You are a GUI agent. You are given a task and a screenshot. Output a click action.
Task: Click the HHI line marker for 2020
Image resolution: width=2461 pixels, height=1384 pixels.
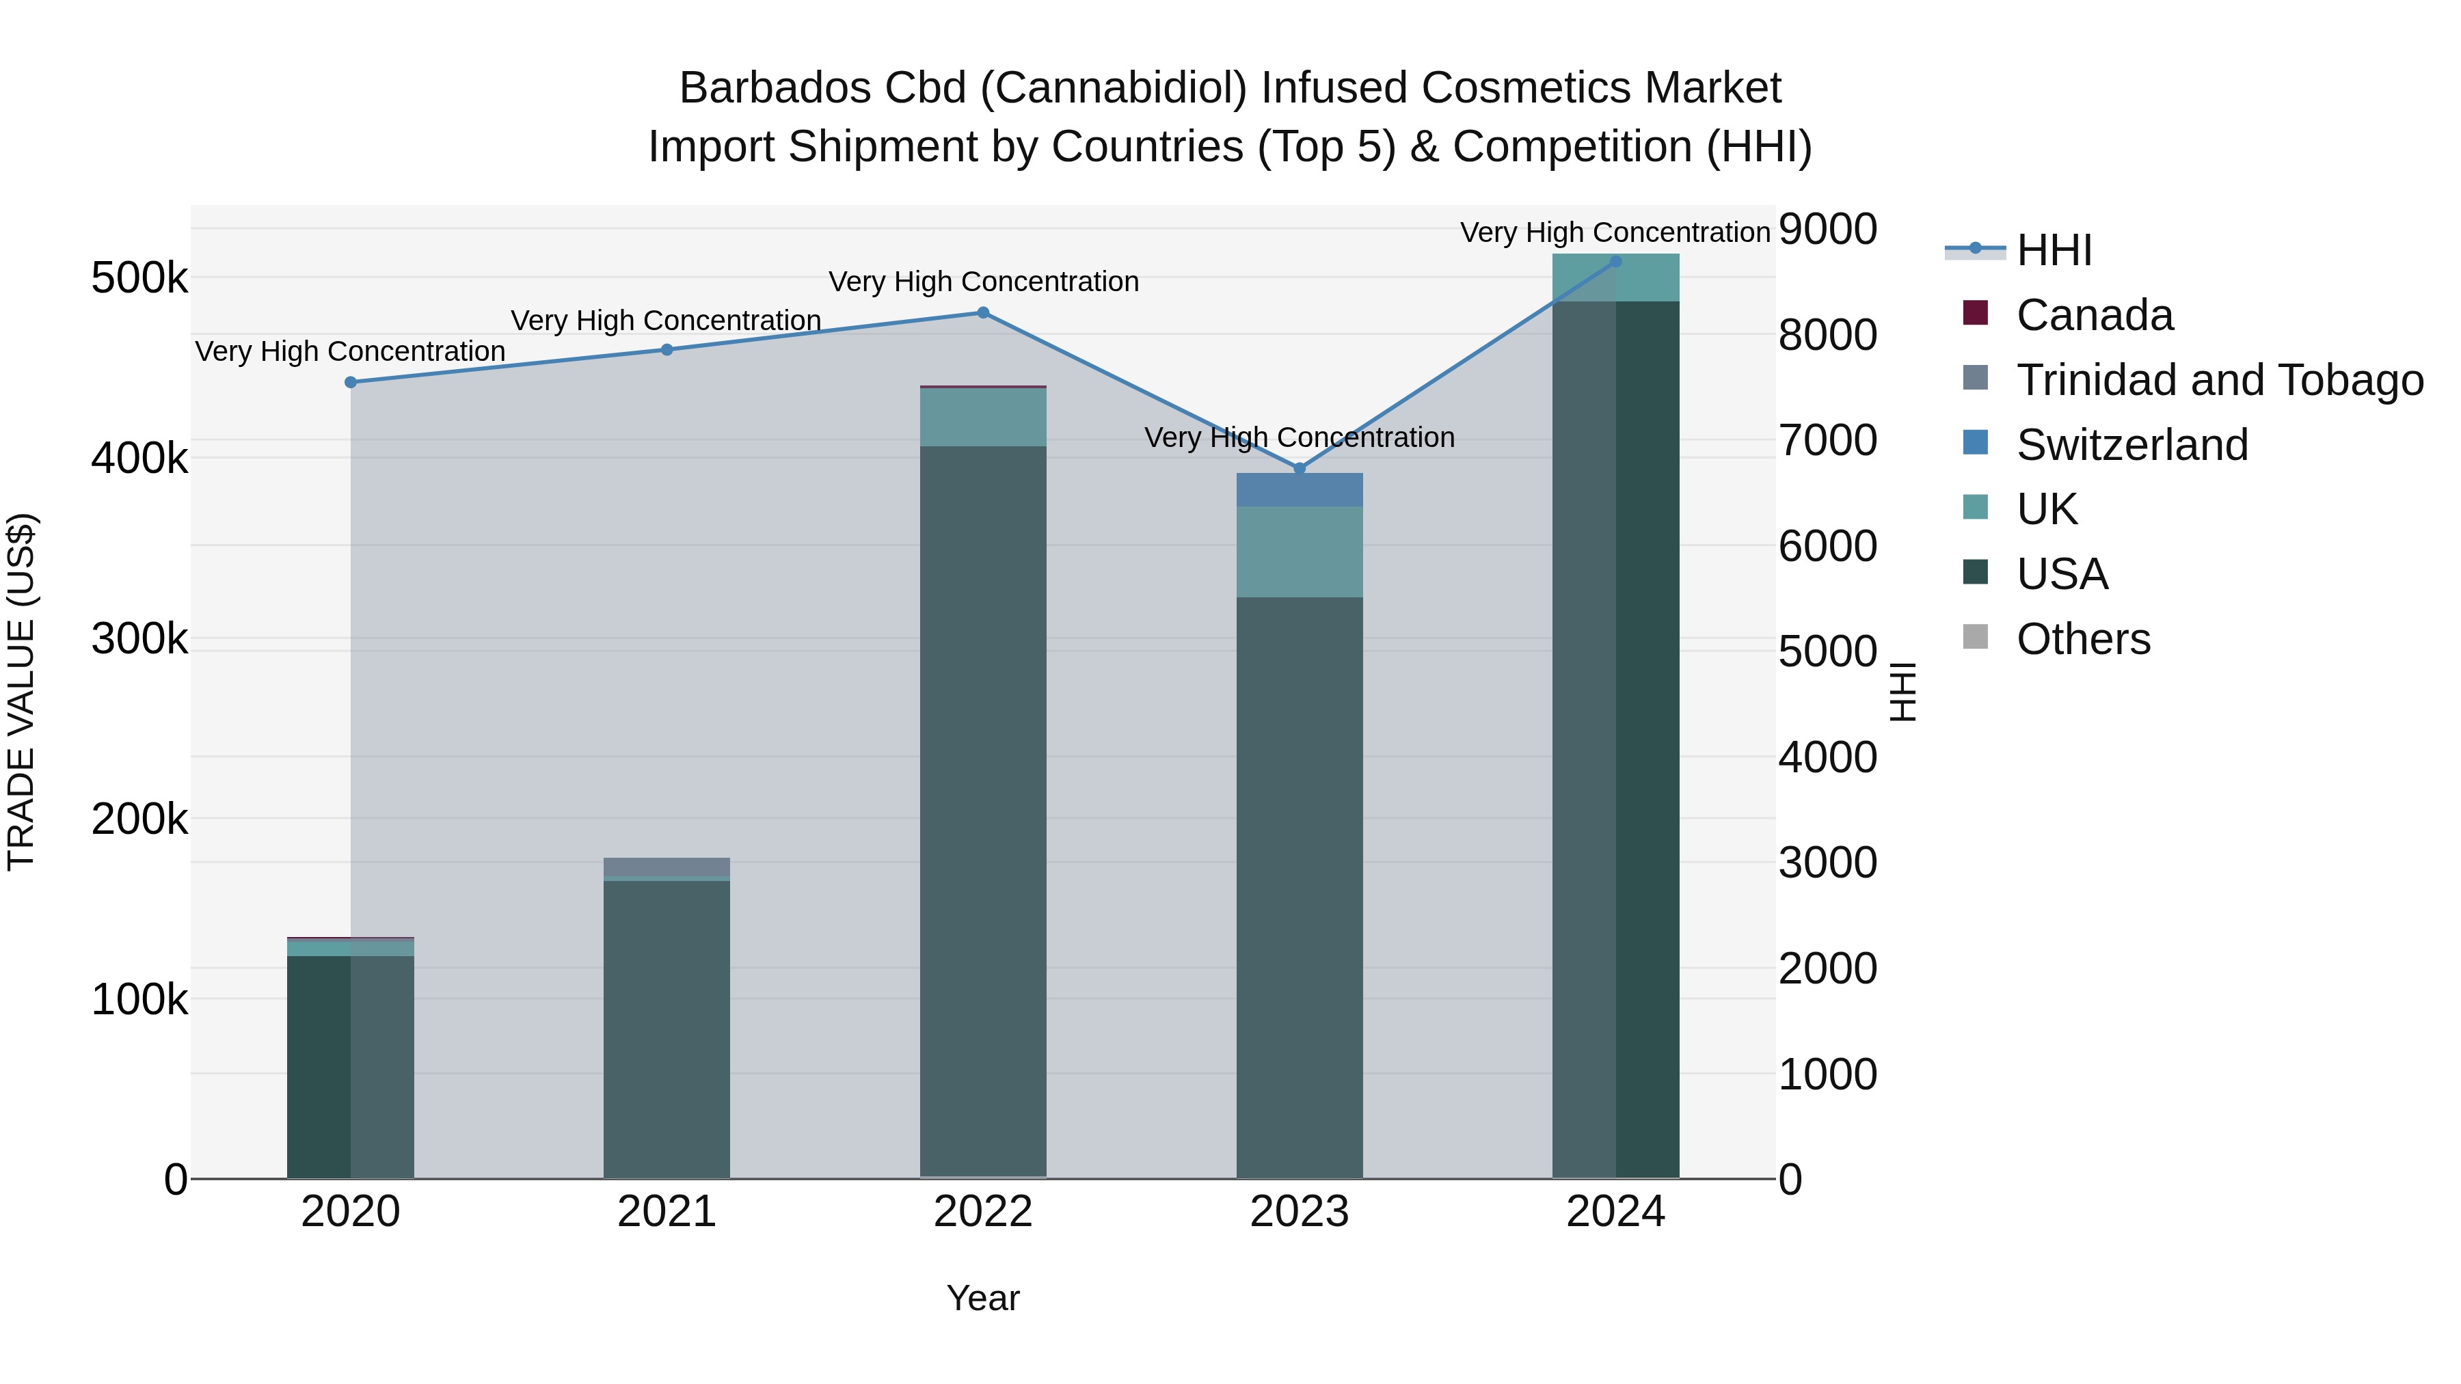pyautogui.click(x=351, y=382)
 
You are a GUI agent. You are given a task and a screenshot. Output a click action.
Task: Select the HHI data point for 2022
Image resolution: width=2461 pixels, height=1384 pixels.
pyautogui.click(x=983, y=312)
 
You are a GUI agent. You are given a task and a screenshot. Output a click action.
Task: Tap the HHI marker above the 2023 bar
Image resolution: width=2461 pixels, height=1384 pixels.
pyautogui.click(x=1300, y=468)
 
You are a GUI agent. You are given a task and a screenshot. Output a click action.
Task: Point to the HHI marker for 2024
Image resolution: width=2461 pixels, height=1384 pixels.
pyautogui.click(x=1615, y=261)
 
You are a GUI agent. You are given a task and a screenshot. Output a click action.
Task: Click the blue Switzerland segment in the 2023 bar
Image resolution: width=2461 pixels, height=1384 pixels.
pyautogui.click(x=1300, y=490)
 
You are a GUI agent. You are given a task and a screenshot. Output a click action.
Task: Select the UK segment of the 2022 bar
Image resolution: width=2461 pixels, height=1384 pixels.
pyautogui.click(x=983, y=418)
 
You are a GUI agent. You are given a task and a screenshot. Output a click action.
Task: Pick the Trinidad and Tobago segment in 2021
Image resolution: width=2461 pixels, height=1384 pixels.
pyautogui.click(x=667, y=867)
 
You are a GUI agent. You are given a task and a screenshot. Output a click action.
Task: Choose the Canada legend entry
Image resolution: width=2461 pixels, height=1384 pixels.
pyautogui.click(x=2094, y=315)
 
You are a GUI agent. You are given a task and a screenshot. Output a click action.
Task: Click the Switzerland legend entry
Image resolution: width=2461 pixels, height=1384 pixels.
pyautogui.click(x=2131, y=445)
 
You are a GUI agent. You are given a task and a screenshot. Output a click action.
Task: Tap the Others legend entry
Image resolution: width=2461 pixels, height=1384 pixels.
pyautogui.click(x=2083, y=639)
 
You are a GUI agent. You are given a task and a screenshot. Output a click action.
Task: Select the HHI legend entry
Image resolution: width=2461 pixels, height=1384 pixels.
pyautogui.click(x=2054, y=250)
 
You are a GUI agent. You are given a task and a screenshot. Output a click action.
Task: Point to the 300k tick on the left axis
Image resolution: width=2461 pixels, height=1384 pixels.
pyautogui.click(x=139, y=639)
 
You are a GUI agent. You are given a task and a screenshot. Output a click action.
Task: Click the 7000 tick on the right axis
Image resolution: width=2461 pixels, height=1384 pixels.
pyautogui.click(x=1827, y=440)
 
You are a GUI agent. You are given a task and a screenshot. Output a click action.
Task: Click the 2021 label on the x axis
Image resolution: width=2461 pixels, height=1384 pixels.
pyautogui.click(x=667, y=1212)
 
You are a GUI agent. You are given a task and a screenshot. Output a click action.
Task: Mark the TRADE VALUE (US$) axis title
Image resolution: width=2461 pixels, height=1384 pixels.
pyautogui.click(x=21, y=692)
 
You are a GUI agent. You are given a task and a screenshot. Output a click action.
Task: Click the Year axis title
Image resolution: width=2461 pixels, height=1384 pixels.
pyautogui.click(x=983, y=1298)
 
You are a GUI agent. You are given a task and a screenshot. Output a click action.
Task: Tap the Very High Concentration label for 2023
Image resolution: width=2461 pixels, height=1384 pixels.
pyautogui.click(x=1300, y=437)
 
